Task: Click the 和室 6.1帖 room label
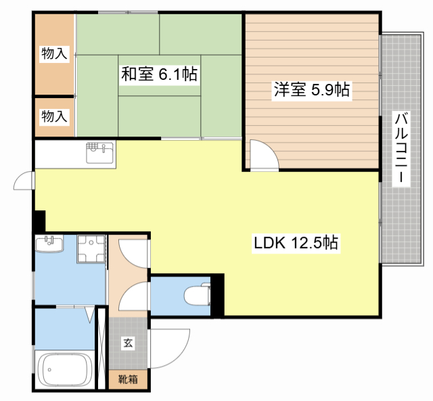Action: pos(159,74)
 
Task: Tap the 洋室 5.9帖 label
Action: pos(311,89)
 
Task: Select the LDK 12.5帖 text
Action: pos(296,242)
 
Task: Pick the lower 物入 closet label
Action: pos(54,116)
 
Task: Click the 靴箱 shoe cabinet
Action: pos(128,379)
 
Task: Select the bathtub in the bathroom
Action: pos(65,371)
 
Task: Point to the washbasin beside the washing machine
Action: pos(48,244)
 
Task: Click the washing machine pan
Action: pos(91,250)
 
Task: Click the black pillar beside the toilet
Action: pos(218,293)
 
